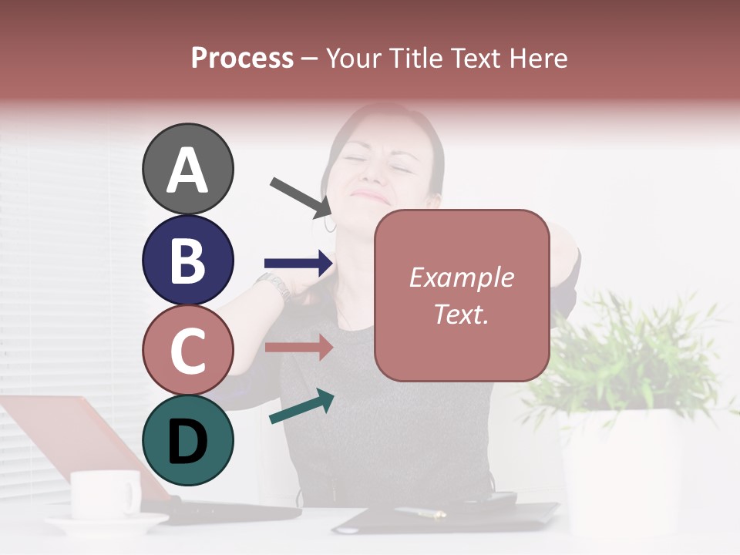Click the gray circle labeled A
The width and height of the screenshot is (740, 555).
(x=188, y=169)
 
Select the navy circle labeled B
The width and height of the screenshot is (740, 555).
(x=188, y=260)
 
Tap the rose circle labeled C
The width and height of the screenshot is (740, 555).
(x=188, y=350)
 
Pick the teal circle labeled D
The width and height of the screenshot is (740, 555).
(x=188, y=440)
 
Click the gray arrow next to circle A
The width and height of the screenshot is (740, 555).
(x=301, y=197)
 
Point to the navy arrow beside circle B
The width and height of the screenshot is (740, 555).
(x=298, y=264)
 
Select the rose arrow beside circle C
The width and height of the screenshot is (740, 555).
(x=298, y=348)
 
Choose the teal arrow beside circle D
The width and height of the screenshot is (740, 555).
(x=301, y=406)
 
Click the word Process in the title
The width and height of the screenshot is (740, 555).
(x=242, y=58)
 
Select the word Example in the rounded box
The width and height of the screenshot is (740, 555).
(x=461, y=277)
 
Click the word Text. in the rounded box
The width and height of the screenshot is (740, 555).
(x=461, y=314)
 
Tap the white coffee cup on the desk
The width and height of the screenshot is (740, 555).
(x=106, y=493)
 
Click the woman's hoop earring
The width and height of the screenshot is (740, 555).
(x=330, y=224)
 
